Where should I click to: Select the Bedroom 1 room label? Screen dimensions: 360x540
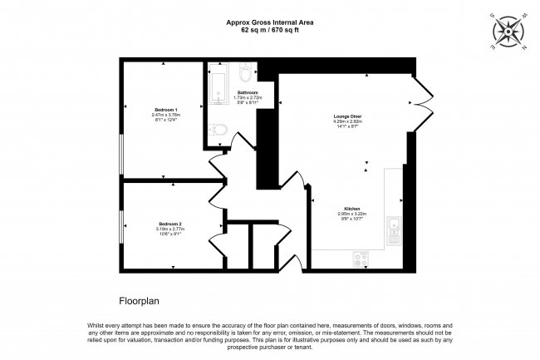point(164,109)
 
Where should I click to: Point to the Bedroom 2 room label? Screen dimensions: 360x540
point(170,224)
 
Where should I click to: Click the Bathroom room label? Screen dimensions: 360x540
point(248,91)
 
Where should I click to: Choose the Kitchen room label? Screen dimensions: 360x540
point(352,208)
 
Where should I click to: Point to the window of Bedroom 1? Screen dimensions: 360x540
point(122,154)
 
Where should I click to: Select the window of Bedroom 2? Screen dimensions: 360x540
point(122,227)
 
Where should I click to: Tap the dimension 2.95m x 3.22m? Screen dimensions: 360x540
point(352,214)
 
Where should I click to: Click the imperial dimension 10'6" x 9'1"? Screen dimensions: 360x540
point(170,234)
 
